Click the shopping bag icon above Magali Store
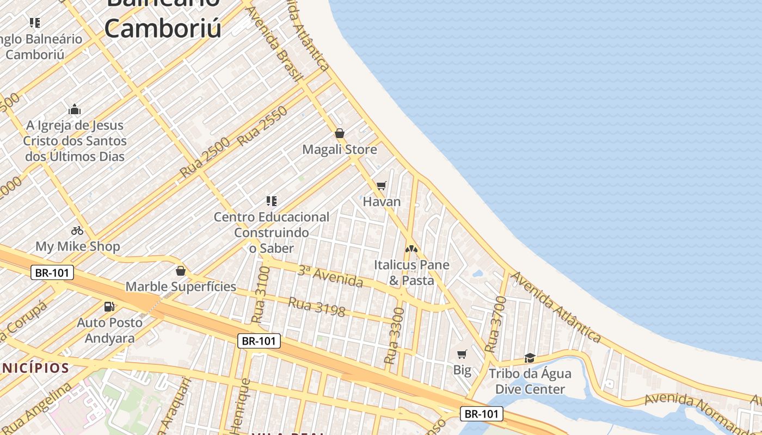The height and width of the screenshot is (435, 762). click(x=340, y=133)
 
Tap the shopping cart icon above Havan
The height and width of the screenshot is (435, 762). click(x=382, y=186)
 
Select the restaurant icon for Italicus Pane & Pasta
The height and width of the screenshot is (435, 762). click(x=411, y=249)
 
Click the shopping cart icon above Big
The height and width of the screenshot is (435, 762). click(x=462, y=355)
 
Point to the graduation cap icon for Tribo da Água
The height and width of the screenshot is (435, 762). click(x=530, y=358)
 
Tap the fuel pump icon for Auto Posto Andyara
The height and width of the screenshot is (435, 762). click(x=109, y=307)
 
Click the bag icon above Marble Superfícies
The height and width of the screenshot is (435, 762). click(x=181, y=271)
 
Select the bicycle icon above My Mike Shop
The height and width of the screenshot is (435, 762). click(x=77, y=231)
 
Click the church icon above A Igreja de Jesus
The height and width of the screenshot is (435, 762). click(x=75, y=109)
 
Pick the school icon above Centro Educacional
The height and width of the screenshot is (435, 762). click(x=272, y=201)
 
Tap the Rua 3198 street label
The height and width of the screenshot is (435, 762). click(x=317, y=306)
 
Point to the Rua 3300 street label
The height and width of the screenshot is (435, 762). click(x=395, y=335)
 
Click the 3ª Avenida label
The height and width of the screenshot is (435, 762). click(x=330, y=276)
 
